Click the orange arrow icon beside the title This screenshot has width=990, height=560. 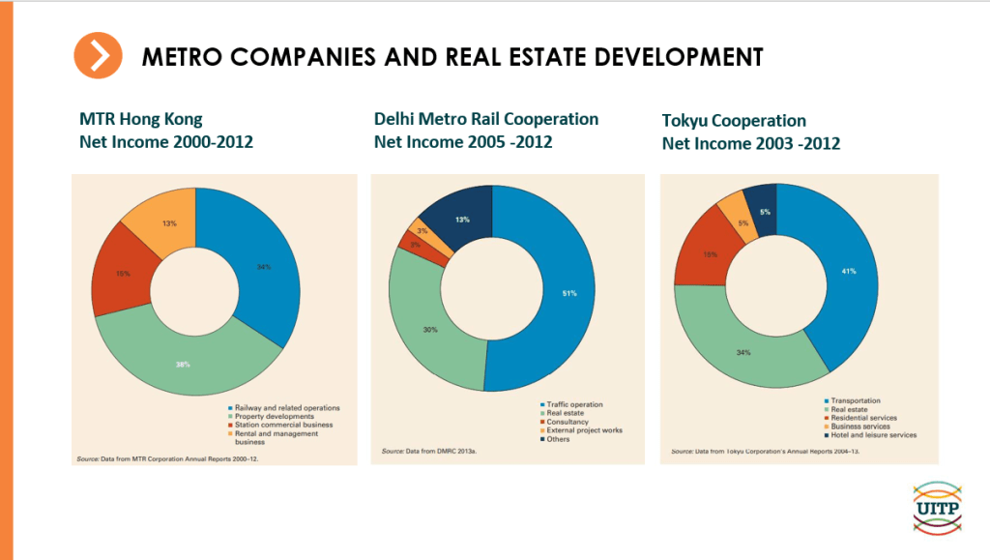point(98,56)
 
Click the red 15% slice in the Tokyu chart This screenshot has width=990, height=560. point(709,254)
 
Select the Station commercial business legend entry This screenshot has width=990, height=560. point(278,425)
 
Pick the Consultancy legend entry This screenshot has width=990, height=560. point(566,422)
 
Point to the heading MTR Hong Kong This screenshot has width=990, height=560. point(141,120)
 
